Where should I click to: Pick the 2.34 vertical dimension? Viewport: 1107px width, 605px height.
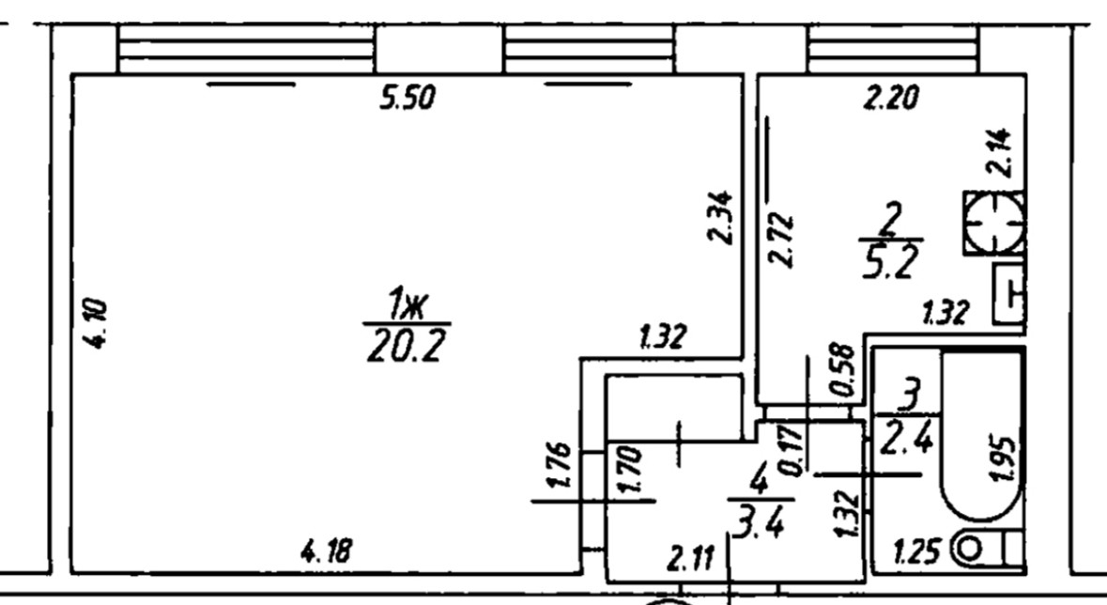click(x=721, y=217)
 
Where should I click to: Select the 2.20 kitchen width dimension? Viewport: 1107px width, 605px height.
click(x=890, y=98)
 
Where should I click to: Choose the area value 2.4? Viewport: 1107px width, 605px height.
click(x=907, y=438)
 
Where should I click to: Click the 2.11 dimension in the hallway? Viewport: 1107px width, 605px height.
click(x=690, y=562)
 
